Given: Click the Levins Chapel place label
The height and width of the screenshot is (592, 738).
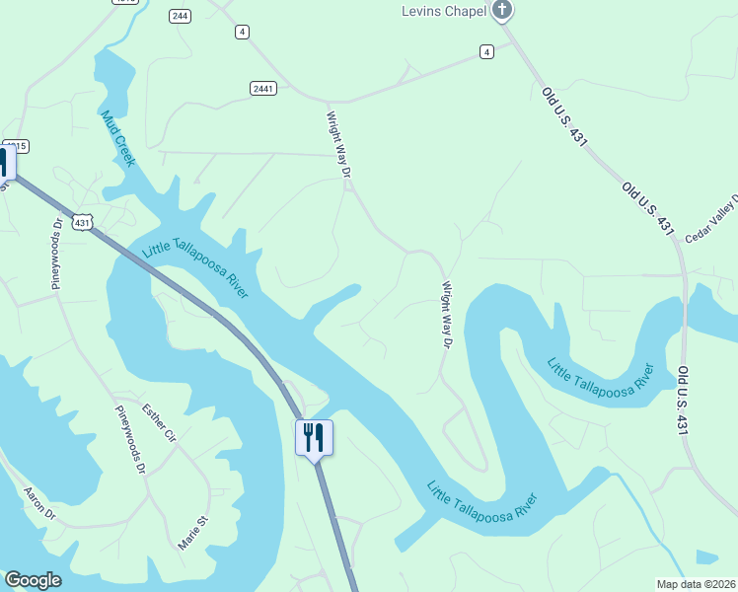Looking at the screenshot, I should tap(443, 12).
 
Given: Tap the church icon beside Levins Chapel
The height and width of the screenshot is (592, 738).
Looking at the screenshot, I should tap(502, 11).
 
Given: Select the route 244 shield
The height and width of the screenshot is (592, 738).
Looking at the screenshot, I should tap(180, 16).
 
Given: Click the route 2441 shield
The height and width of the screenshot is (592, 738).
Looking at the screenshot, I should tap(262, 89).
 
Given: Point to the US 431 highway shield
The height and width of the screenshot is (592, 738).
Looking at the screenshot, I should tap(83, 223).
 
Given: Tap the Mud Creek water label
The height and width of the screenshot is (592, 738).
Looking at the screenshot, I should tap(116, 138).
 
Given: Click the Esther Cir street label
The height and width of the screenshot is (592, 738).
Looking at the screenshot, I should tap(158, 422).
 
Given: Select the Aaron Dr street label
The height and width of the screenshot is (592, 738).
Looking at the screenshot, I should tap(39, 502).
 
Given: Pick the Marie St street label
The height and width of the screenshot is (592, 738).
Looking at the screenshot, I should tap(193, 532).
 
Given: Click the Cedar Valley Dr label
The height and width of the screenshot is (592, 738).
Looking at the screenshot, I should tap(712, 219).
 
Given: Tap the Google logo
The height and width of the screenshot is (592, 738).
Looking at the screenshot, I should tap(33, 580).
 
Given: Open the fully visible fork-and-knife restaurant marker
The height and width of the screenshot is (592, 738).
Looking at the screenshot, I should tap(315, 436).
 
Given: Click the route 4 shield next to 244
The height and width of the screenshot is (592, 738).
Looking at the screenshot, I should tap(242, 33).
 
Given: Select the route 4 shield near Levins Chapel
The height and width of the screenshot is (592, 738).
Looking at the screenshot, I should tap(486, 51).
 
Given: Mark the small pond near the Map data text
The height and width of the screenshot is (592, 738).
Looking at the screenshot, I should tap(706, 557).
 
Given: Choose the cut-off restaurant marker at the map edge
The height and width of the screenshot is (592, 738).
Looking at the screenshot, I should tap(4, 163).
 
